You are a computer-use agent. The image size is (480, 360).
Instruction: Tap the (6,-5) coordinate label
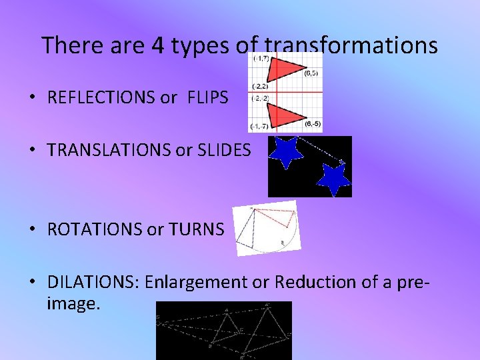313,124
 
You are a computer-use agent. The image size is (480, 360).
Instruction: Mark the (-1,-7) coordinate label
259,127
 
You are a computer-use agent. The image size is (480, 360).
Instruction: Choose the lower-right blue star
333,179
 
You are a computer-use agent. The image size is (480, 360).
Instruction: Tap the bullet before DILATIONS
33,283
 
